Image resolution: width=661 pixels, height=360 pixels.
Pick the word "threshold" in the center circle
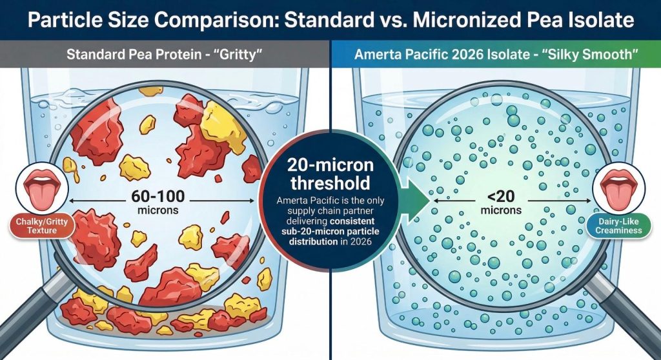330,183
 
